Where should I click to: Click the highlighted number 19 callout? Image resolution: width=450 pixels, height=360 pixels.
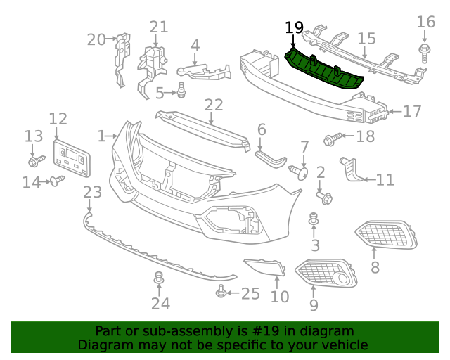295,28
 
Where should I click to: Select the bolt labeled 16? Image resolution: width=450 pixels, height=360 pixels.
425,51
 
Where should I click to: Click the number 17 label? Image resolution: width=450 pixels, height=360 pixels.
412,111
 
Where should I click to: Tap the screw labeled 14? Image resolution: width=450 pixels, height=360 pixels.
55,182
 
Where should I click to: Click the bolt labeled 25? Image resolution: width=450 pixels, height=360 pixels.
222,290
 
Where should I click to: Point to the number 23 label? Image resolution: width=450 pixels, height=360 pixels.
92,191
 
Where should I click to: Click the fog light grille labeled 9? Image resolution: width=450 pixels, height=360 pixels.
325,274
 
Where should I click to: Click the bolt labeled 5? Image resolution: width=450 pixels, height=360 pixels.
182,90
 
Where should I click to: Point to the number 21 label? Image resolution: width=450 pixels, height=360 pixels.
159,27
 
